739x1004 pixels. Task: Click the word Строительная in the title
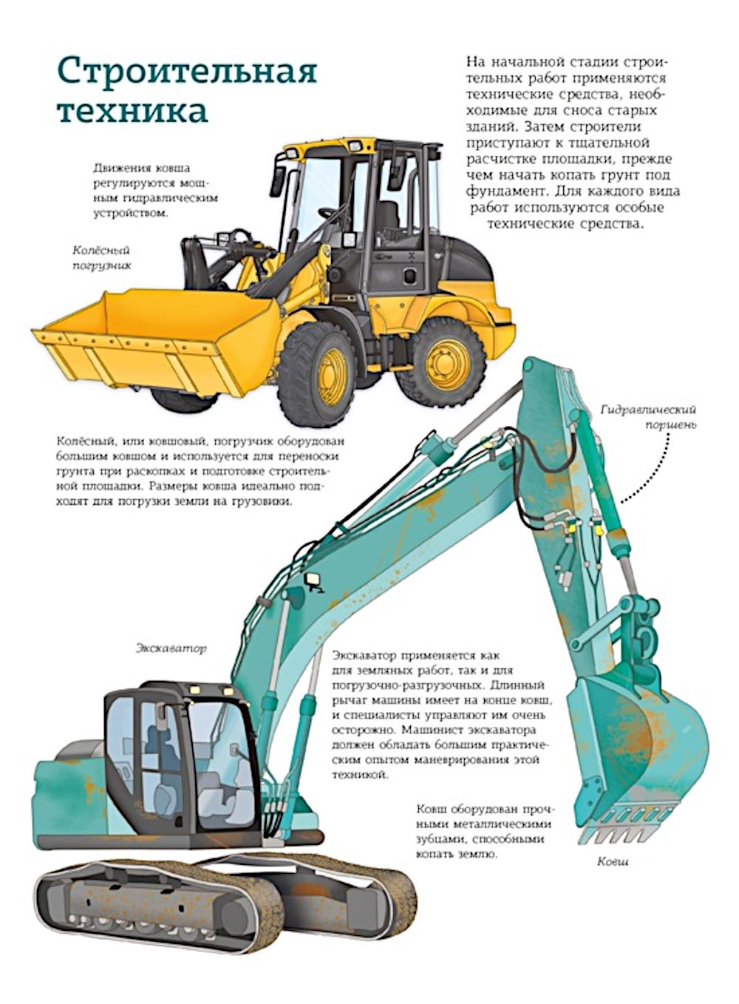coord(187,71)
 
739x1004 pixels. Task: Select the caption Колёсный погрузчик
coord(102,258)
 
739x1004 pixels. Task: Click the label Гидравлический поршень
coord(648,416)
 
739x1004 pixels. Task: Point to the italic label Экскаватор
coord(171,648)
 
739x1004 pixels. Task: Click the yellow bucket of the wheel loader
coord(157,341)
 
